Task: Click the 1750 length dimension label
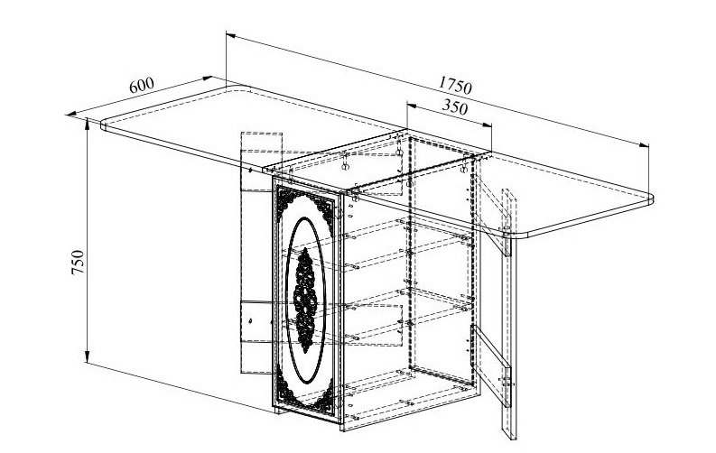(x=455, y=87)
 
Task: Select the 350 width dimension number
(x=455, y=107)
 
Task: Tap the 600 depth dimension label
(x=142, y=86)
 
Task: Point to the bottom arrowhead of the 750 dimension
(x=87, y=357)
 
